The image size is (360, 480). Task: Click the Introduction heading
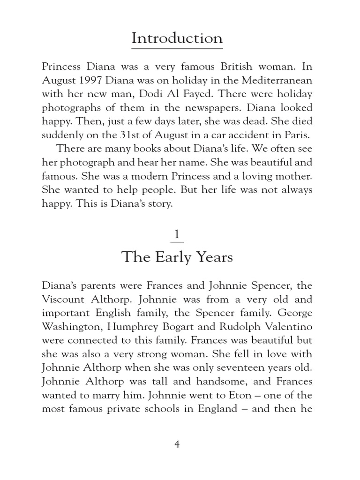click(177, 38)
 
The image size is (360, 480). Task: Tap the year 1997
click(92, 81)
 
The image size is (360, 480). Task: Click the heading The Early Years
click(177, 257)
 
